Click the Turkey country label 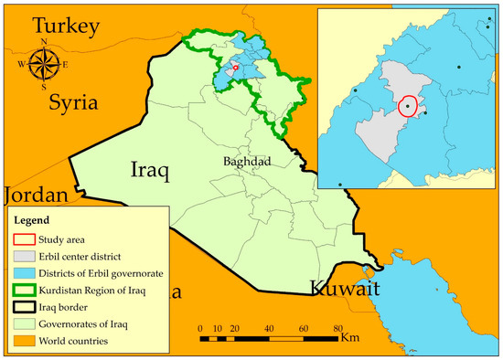(53, 26)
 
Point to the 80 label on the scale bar (337, 328)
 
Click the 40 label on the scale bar (270, 328)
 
